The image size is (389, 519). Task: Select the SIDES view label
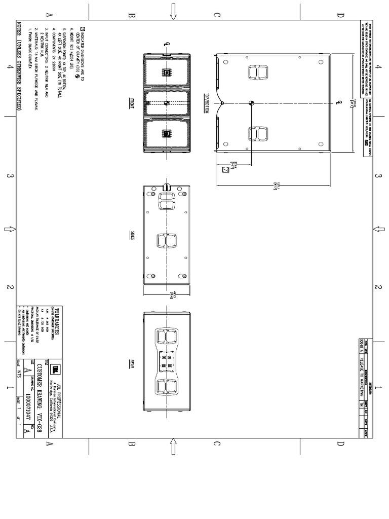click(131, 235)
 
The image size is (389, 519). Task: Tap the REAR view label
click(131, 363)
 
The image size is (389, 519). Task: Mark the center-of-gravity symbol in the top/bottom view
click(251, 103)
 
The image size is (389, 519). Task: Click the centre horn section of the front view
click(167, 103)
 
